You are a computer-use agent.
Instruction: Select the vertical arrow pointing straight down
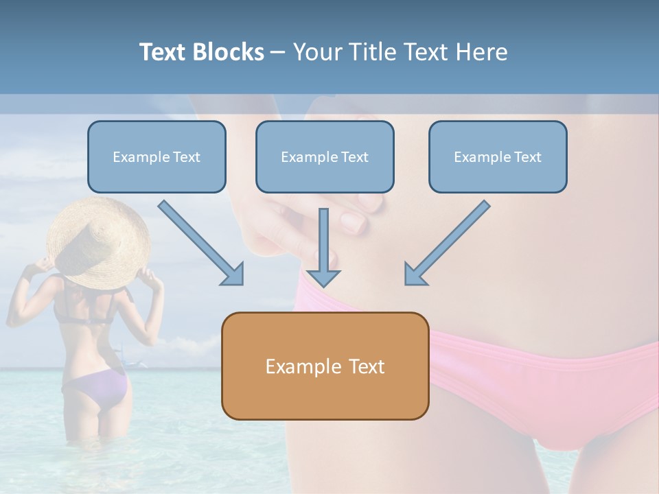323,247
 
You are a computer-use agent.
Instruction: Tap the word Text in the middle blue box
355,156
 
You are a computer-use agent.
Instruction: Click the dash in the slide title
279,52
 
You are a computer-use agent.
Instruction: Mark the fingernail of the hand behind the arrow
354,221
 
